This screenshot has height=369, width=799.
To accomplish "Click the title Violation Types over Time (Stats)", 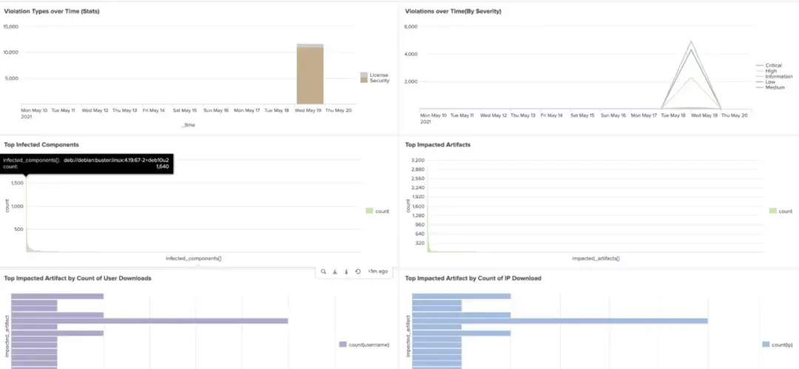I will pyautogui.click(x=51, y=12).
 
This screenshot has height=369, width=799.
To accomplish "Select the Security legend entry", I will pyautogui.click(x=379, y=81).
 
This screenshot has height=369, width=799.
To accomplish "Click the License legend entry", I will pyautogui.click(x=378, y=75).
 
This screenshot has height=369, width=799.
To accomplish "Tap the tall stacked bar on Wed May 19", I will pyautogui.click(x=310, y=74).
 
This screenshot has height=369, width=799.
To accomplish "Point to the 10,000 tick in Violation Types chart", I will pyautogui.click(x=11, y=52).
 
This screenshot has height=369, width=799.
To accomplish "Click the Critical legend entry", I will pyautogui.click(x=773, y=65).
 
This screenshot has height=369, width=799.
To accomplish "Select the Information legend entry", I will pyautogui.click(x=778, y=76).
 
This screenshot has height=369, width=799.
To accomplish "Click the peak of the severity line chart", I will pyautogui.click(x=691, y=41).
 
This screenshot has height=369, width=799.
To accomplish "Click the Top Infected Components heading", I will pyautogui.click(x=41, y=145).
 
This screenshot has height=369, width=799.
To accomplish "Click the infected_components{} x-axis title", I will pyautogui.click(x=194, y=258).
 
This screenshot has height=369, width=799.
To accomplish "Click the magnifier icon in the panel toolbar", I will pyautogui.click(x=323, y=271).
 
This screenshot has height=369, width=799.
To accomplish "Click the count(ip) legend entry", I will pyautogui.click(x=781, y=345).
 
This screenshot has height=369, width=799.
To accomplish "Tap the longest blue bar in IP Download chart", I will pyautogui.click(x=559, y=320).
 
